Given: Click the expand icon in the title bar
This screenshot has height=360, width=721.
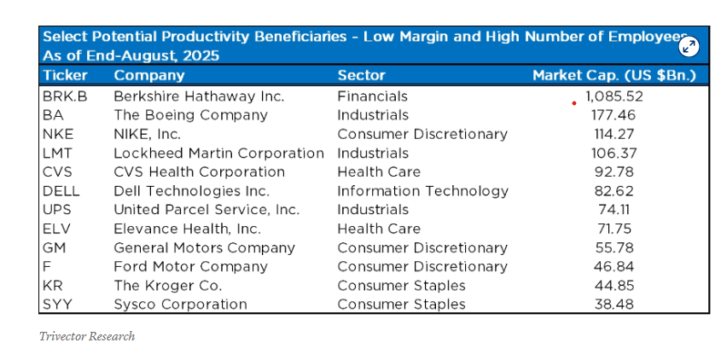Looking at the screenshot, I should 689,46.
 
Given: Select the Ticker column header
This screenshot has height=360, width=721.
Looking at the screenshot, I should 65,76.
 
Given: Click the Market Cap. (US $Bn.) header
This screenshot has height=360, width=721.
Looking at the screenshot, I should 613,76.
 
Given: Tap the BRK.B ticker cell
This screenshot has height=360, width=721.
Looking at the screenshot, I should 61,96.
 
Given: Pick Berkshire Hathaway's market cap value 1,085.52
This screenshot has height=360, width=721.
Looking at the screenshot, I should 613,96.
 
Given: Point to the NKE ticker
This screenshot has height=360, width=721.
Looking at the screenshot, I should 57,134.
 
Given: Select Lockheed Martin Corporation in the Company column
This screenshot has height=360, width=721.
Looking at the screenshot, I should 218,154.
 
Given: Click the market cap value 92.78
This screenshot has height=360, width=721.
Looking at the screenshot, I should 613,172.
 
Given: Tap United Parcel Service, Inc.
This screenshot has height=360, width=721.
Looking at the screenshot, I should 206,210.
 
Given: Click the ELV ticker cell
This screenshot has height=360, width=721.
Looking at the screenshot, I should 56,229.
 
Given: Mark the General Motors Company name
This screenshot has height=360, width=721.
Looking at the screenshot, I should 204,248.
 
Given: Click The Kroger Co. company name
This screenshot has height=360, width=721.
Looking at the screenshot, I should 168,286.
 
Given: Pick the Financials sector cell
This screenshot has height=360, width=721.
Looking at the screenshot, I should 372,96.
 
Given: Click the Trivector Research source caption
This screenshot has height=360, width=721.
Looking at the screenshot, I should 87,336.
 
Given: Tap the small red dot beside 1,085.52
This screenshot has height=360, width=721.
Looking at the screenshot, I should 574,102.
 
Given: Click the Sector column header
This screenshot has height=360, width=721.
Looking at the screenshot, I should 361,76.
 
